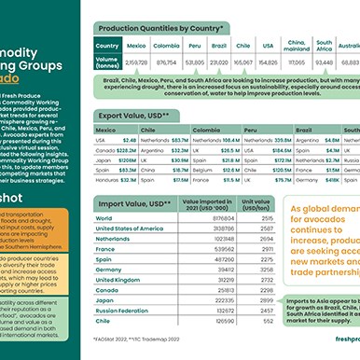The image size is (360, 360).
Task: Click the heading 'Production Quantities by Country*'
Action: point(165,28)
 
